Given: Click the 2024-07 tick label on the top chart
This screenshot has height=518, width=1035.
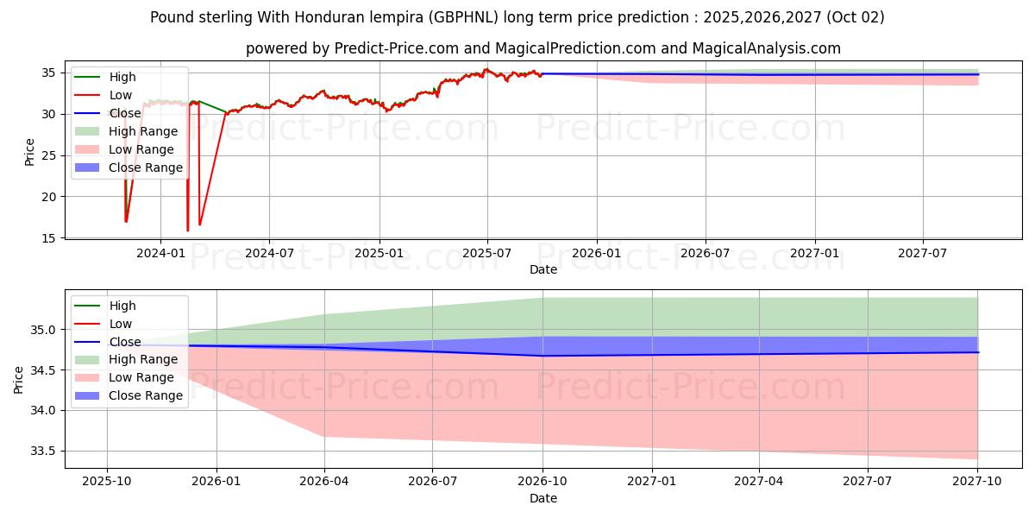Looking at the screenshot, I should point(269,253).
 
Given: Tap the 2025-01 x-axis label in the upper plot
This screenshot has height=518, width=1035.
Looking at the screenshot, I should point(379,253).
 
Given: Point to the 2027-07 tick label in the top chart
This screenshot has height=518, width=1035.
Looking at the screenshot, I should point(923,253).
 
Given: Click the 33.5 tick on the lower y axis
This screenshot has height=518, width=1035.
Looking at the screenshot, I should point(46,451).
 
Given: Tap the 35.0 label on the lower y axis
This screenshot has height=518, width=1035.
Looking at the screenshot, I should point(46,330).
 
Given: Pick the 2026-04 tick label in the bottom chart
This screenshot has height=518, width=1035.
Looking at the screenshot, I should point(324,482).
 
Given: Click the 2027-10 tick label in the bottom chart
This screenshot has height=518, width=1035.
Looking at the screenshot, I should point(977,482).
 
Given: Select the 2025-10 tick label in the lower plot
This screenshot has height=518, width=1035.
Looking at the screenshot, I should point(107,482).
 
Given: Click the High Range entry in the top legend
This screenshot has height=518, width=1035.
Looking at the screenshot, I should point(143,131).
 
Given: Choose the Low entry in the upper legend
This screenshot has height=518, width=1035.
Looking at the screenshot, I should point(121,95).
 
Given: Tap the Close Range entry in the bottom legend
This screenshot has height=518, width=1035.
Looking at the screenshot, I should point(146,395).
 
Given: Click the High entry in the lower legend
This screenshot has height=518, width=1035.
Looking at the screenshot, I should point(122,306).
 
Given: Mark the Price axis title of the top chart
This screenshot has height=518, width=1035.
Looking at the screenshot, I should point(30,151).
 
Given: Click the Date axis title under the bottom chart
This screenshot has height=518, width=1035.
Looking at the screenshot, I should point(543,498).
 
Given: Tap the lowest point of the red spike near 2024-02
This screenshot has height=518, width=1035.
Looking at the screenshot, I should point(187,231).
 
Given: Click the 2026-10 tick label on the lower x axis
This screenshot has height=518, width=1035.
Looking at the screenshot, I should point(543,482).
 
